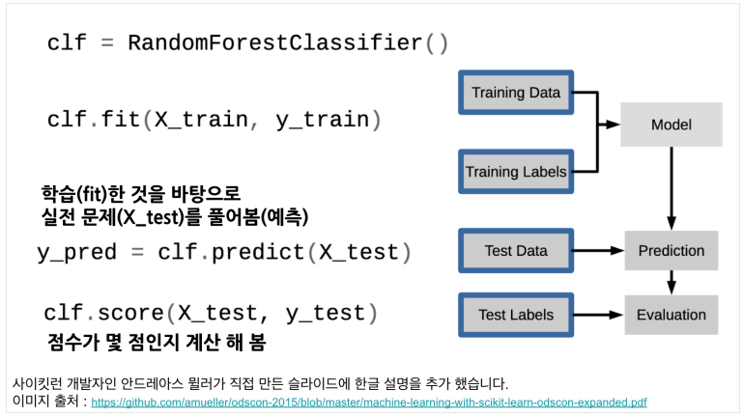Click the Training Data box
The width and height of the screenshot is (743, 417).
[516, 93]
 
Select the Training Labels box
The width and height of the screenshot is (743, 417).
[516, 172]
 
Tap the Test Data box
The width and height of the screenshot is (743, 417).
[516, 250]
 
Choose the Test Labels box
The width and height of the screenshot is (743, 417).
[516, 315]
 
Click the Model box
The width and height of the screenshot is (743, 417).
[672, 125]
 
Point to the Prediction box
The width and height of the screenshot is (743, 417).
[672, 250]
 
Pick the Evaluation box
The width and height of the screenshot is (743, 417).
[672, 315]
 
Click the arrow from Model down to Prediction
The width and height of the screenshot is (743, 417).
[672, 188]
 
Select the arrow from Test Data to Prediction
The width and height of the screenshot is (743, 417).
[598, 250]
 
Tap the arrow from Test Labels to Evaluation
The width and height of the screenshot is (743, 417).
[598, 315]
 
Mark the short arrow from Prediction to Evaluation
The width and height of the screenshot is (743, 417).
[672, 283]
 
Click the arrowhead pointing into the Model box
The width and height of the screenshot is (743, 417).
[614, 125]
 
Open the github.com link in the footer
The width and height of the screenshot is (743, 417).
[369, 403]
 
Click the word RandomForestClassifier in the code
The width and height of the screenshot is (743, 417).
[274, 42]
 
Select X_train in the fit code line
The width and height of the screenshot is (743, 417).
[201, 120]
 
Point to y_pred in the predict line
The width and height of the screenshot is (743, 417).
[76, 252]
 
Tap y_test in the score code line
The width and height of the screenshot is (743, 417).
[325, 314]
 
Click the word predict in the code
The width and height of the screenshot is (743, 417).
[258, 252]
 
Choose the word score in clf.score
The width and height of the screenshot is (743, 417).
[130, 314]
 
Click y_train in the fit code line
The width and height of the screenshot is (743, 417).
[322, 120]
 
